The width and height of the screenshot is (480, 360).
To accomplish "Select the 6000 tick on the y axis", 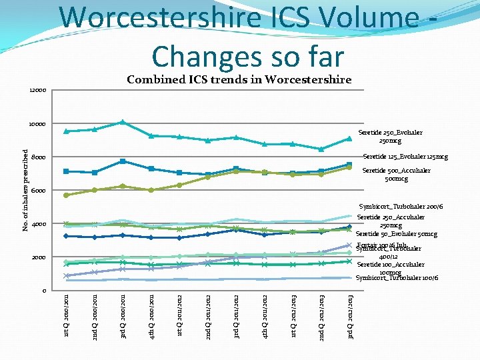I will [x=39, y=191].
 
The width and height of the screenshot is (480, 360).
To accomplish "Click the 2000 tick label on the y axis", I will [x=39, y=257].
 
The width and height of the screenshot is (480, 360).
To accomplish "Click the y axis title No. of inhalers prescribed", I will [x=25, y=191].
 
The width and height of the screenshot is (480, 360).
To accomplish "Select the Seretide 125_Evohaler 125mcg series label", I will [x=405, y=157].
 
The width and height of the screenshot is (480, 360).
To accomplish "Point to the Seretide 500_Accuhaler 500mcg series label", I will [x=396, y=175].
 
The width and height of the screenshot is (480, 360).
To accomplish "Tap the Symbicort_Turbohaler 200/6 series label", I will [x=399, y=207].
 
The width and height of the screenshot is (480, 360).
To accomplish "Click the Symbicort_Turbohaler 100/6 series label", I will [x=397, y=277].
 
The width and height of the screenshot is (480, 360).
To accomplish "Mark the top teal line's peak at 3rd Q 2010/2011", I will [x=123, y=122].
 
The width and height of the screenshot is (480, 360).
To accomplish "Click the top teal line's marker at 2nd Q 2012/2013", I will [x=321, y=149].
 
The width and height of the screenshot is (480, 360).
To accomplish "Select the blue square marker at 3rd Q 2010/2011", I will [x=123, y=161].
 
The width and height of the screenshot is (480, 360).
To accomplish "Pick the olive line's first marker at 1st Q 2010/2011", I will [x=66, y=195].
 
